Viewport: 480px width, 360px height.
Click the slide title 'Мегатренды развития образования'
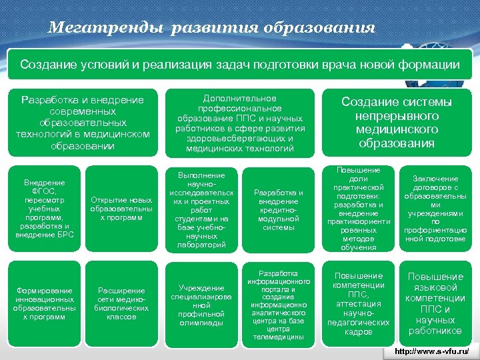(212, 28)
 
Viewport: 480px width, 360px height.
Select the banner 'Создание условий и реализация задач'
(239, 65)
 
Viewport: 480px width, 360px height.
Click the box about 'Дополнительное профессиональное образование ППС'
(241, 123)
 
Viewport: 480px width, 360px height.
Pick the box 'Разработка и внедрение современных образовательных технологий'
(82, 123)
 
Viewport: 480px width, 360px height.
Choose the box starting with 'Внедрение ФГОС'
(44, 209)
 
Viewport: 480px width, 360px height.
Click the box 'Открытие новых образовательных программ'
(121, 209)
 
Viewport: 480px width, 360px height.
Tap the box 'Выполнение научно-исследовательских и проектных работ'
(200, 209)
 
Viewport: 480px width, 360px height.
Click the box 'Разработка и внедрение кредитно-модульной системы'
(278, 209)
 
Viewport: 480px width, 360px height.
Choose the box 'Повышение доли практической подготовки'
(357, 209)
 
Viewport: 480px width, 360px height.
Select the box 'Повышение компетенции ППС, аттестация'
(357, 303)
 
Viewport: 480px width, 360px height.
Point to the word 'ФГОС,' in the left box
(44, 191)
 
